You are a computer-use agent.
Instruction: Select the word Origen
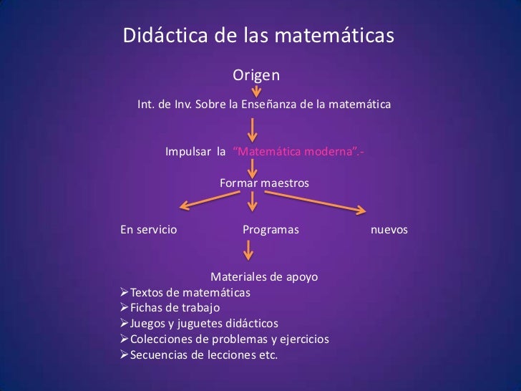(x=256, y=75)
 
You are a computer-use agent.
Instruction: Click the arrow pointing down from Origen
(x=256, y=92)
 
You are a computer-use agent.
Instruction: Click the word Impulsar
(x=189, y=152)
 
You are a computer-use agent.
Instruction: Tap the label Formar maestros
(x=264, y=184)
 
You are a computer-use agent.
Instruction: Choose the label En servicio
(x=149, y=230)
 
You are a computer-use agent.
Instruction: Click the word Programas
(x=271, y=230)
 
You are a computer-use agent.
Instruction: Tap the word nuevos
(x=389, y=230)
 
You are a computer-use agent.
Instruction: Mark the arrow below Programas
(x=248, y=250)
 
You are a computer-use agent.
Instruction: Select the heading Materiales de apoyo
(x=264, y=277)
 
